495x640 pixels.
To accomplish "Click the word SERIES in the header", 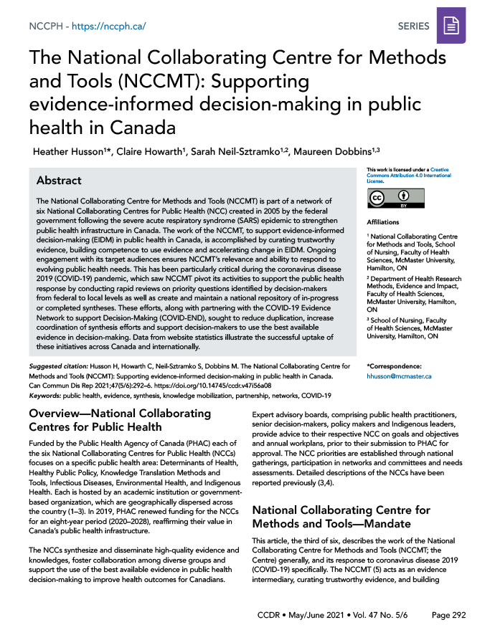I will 413,27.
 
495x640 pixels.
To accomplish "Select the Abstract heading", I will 59,181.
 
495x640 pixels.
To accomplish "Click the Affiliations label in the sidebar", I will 383,223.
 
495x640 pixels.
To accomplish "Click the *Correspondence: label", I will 396,365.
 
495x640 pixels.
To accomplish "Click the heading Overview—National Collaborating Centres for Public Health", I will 119,420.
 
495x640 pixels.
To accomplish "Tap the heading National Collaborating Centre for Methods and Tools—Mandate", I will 341,517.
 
